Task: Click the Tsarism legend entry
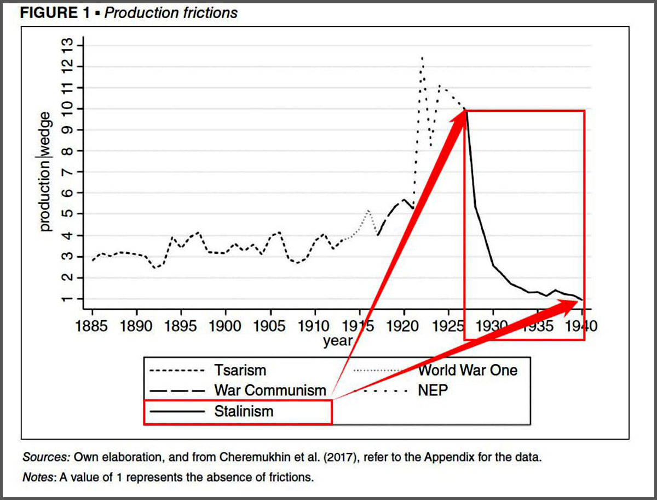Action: click(x=240, y=370)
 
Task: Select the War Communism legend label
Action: click(x=270, y=391)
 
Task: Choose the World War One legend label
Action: click(x=468, y=370)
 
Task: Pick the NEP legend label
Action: click(x=433, y=391)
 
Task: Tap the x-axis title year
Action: click(x=338, y=340)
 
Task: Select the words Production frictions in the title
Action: click(x=171, y=12)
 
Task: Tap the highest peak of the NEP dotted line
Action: click(x=422, y=57)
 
